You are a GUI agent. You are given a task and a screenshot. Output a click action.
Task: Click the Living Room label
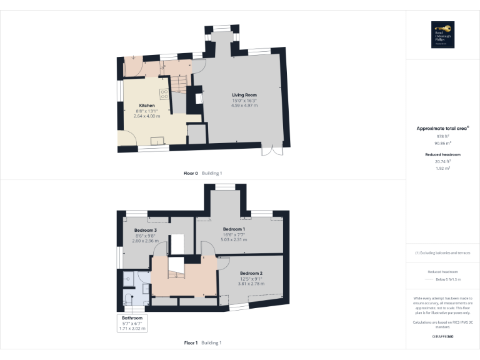pos(244,95)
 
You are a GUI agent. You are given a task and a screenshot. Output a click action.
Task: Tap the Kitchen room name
pos(147,106)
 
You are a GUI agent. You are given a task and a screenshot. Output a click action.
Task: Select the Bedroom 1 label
pos(234,229)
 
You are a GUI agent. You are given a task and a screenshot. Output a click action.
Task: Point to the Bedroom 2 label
pos(251,273)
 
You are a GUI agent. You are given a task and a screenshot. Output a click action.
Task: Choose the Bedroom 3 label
pos(145,230)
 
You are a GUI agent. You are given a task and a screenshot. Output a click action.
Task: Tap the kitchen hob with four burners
pos(164,94)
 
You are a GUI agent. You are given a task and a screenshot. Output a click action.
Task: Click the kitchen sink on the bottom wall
pos(155,139)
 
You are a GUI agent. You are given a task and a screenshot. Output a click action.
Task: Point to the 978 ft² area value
pos(442,136)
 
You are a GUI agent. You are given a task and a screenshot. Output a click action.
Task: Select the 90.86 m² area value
pos(442,142)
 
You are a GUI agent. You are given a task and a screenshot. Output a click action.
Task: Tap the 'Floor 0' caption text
pos(191,173)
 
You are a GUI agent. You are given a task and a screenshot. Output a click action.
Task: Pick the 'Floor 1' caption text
pos(191,342)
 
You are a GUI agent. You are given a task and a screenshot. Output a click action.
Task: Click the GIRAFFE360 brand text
pos(442,337)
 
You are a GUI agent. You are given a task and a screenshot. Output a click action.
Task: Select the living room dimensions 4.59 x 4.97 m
pos(244,106)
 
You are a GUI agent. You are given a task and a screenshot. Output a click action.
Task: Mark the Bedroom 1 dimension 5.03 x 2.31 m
pos(234,240)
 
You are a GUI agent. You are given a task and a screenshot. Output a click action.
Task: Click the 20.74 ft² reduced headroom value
pos(442,161)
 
